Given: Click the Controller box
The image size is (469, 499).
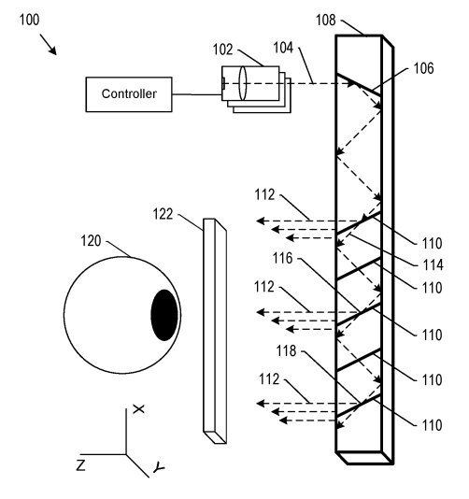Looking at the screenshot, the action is (129, 94).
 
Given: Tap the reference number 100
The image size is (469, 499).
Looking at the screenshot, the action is (30, 20).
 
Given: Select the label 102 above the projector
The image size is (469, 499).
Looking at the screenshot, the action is (222, 50).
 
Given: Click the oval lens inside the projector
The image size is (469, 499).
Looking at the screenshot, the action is (243, 83).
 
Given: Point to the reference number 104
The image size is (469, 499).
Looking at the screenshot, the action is (283, 48).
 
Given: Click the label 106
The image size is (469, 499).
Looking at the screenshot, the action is (423, 68).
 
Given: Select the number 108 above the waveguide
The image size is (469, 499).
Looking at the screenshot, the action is (326, 20).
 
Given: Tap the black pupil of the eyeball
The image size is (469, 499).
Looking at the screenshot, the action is (164, 315).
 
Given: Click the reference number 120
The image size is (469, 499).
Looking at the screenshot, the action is (91, 241).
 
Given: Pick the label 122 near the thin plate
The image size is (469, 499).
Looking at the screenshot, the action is (163, 214).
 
